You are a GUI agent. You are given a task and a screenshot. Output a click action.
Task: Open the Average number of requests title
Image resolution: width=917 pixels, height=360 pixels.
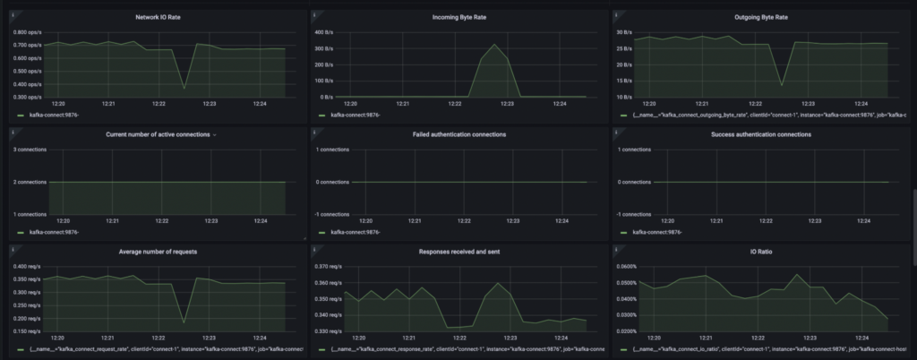(x=159, y=252)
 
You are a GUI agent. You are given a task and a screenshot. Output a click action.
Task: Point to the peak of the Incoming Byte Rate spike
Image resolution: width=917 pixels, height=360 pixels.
(x=493, y=45)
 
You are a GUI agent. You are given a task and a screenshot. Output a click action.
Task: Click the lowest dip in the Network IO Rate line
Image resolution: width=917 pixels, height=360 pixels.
(x=184, y=88)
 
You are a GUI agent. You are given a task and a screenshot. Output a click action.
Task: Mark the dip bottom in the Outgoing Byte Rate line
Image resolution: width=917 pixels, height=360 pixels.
(x=782, y=85)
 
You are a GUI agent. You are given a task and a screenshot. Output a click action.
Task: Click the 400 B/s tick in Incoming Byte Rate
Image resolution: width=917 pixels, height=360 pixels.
(x=323, y=32)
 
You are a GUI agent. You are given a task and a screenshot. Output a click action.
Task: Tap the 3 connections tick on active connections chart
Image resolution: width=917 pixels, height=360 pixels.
(x=30, y=149)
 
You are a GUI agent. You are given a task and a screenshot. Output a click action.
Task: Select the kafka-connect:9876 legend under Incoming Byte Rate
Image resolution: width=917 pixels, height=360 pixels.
(x=356, y=116)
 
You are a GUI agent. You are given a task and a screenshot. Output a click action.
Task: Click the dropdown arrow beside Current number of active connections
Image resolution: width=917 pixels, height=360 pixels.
(x=215, y=134)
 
